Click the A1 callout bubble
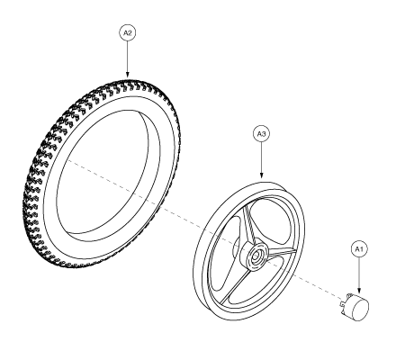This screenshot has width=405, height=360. click(359, 249)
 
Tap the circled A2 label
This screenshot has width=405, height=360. click(128, 32)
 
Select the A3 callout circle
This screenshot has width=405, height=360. click(261, 134)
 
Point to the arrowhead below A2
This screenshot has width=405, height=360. click(128, 75)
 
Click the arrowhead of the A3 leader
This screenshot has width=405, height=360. click(261, 175)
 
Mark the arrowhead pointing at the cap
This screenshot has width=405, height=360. click(359, 291)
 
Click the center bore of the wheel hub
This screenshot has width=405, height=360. click(256, 256)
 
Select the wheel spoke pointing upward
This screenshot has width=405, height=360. click(247, 222)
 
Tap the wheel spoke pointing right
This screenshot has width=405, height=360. click(281, 254)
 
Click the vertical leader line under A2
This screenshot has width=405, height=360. click(128, 57)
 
